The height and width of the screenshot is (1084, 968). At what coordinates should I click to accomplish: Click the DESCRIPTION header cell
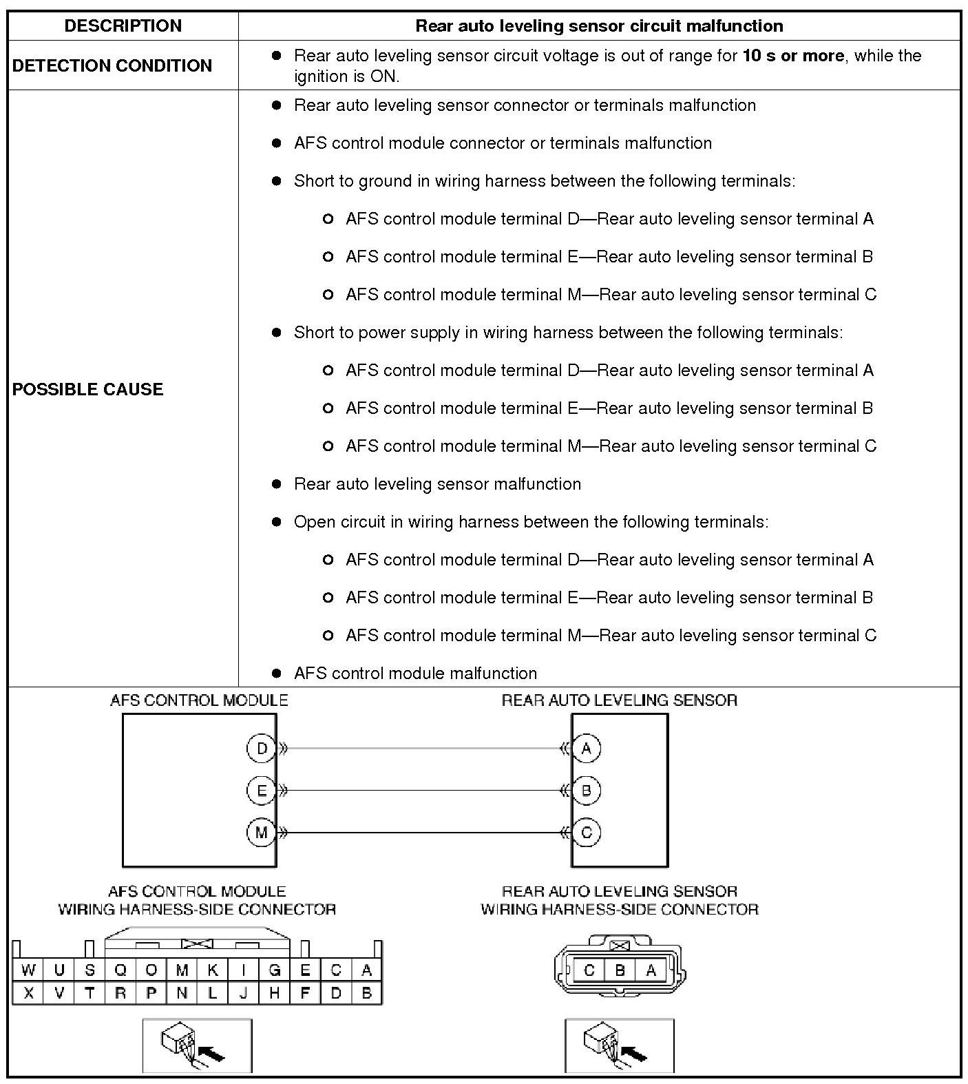click(x=123, y=26)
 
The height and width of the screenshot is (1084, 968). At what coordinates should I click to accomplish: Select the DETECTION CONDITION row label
click(x=112, y=65)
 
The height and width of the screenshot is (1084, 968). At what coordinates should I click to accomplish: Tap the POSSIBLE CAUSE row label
click(x=88, y=389)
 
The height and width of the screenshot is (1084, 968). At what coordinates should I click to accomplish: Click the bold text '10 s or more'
click(x=793, y=56)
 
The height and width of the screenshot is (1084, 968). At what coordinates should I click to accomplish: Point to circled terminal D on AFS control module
click(x=261, y=749)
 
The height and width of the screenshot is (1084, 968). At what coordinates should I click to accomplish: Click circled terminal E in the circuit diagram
click(x=261, y=791)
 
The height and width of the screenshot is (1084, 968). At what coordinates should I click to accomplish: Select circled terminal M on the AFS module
click(x=261, y=833)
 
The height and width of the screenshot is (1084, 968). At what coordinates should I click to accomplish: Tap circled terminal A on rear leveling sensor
click(x=587, y=749)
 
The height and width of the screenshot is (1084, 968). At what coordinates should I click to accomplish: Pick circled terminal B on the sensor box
click(x=587, y=791)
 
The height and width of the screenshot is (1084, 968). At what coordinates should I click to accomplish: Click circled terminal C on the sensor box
click(x=587, y=833)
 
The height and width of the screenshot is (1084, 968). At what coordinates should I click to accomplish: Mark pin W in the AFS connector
click(x=28, y=970)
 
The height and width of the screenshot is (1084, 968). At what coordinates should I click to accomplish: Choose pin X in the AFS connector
click(x=28, y=993)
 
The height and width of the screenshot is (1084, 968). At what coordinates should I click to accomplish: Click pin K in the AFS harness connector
click(x=213, y=970)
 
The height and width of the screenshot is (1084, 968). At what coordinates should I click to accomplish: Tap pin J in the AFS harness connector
click(x=243, y=993)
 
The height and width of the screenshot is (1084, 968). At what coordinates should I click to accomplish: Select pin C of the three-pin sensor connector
click(x=589, y=970)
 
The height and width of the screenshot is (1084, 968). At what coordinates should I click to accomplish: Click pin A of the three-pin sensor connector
click(x=651, y=970)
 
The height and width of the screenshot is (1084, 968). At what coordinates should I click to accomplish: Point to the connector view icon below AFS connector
click(x=197, y=1045)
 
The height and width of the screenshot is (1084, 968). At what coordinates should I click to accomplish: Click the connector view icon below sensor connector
click(x=619, y=1045)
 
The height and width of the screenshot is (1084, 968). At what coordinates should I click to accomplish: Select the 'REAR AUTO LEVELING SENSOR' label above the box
click(x=619, y=700)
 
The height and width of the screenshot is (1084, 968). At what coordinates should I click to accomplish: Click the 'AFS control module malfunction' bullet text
click(x=415, y=674)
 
